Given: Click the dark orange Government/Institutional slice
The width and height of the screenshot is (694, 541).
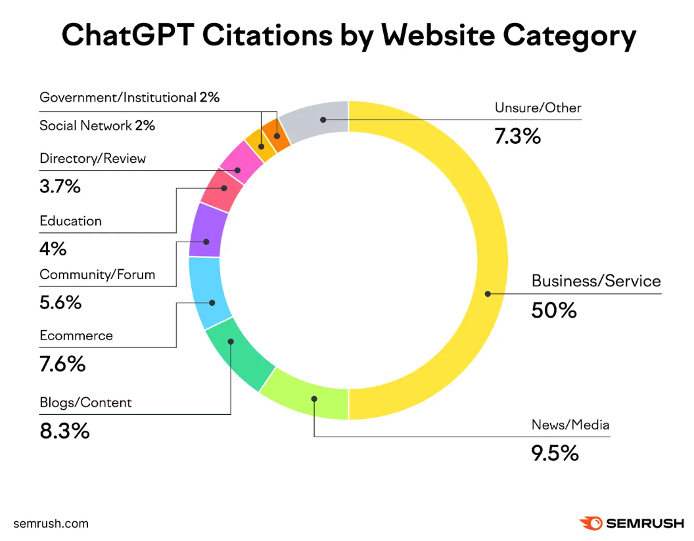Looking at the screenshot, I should pyautogui.click(x=278, y=137).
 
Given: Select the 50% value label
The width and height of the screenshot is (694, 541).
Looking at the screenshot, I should pyautogui.click(x=553, y=310).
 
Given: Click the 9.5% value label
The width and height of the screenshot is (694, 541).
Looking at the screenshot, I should pyautogui.click(x=555, y=452).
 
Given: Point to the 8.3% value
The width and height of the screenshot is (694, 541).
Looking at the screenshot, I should pyautogui.click(x=64, y=431).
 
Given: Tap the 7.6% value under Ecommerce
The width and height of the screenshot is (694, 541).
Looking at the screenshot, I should pyautogui.click(x=62, y=364).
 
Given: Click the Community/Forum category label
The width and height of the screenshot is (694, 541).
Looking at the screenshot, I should pyautogui.click(x=97, y=274).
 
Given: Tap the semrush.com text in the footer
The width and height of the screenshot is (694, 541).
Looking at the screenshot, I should pyautogui.click(x=51, y=523).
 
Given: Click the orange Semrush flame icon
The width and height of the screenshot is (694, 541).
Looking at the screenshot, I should pyautogui.click(x=590, y=523).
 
